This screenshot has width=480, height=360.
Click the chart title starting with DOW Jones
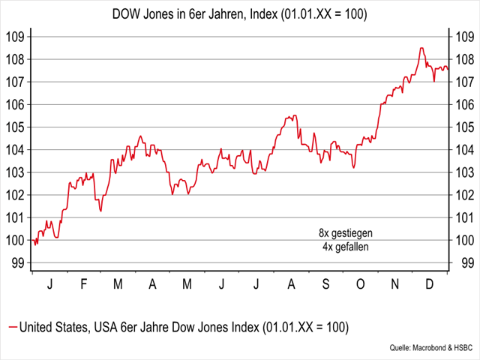[x=239, y=13]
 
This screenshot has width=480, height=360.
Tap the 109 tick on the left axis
[x=16, y=37]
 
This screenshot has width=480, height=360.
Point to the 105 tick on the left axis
[x=16, y=127]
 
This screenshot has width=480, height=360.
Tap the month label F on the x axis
[x=83, y=285]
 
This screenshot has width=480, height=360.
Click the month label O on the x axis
[x=359, y=285]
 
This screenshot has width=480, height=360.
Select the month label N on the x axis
[x=395, y=285]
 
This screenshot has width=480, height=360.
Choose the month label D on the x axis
[x=430, y=285]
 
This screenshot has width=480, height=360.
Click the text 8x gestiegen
[x=346, y=233]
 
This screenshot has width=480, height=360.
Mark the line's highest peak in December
[x=421, y=48]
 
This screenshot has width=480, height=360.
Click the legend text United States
[x=53, y=328]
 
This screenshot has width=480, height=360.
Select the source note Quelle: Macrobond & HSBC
[x=432, y=349]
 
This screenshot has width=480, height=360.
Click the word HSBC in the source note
[x=461, y=349]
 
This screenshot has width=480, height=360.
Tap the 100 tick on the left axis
[x=16, y=240]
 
